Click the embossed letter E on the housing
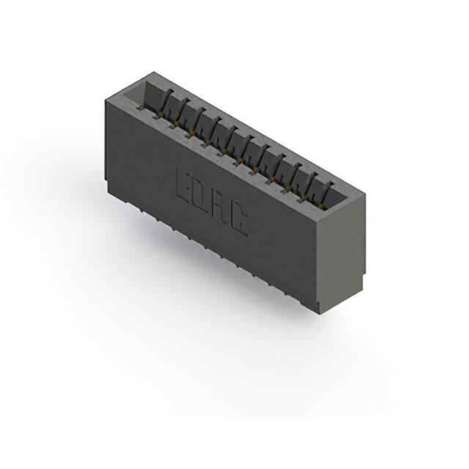pyautogui.click(x=184, y=185)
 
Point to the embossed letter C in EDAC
pyautogui.click(x=239, y=218)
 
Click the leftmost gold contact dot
pyautogui.click(x=160, y=114)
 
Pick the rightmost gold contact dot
pyautogui.click(x=321, y=204)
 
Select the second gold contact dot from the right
pyautogui.click(x=305, y=196)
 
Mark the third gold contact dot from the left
pyautogui.click(x=192, y=132)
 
